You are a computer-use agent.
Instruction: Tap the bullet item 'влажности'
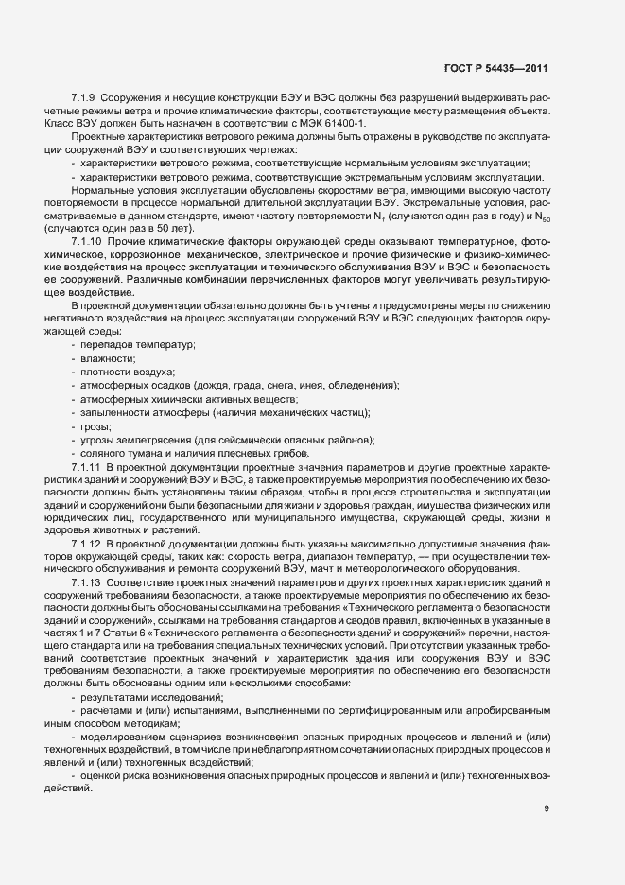click(x=108, y=359)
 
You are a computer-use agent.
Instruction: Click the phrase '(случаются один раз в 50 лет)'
click(x=103, y=230)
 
